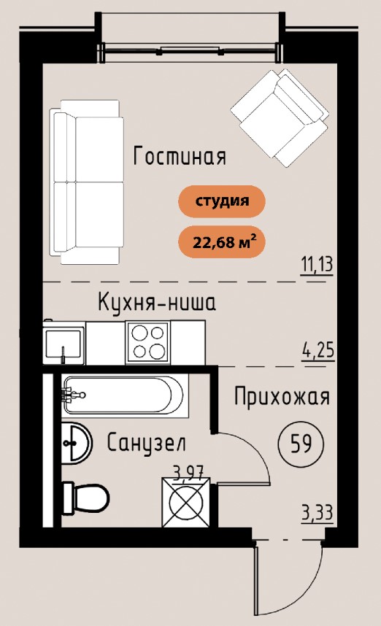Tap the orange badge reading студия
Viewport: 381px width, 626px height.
pos(222,201)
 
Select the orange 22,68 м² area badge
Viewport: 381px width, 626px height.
pos(222,241)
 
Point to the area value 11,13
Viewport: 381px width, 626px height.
pos(316,265)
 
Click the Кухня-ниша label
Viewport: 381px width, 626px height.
pos(157,302)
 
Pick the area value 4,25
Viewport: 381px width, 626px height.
pos(318,352)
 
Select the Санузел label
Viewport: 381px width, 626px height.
pos(147,443)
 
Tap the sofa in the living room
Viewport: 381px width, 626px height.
pos(86,182)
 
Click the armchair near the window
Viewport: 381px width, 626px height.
pos(280,118)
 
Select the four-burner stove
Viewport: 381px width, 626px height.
pos(148,342)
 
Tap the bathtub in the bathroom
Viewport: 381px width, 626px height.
pos(125,395)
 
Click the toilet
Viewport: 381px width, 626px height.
pos(86,498)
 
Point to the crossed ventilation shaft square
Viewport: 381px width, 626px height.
pos(185,501)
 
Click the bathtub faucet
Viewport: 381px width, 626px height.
pos(73,395)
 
